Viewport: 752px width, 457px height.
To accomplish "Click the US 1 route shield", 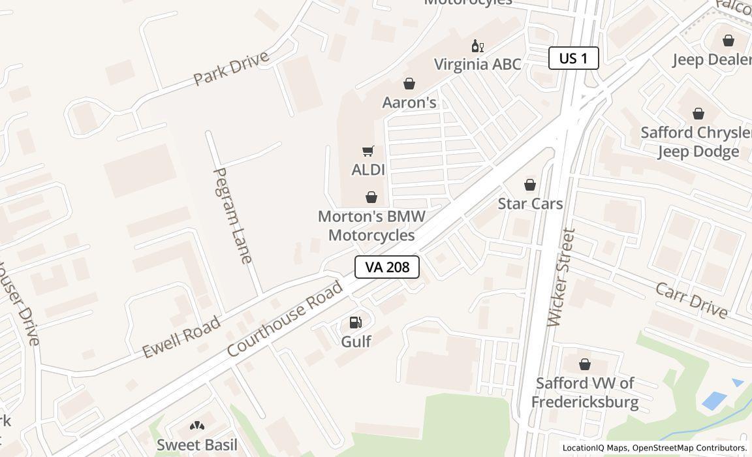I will pos(573,58).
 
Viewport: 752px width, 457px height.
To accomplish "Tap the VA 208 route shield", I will pos(386,267).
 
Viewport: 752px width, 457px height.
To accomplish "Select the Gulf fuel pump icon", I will pos(356,322).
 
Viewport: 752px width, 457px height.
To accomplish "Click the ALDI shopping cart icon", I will pos(368,151).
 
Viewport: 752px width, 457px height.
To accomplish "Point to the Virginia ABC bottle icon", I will pos(478,46).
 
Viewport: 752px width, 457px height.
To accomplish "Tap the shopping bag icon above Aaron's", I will pos(409,84).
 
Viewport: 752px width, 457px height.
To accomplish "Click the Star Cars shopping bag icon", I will pos(530,185).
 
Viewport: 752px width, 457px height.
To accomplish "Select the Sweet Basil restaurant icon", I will pos(197,426).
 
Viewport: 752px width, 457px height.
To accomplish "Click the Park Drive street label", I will pos(232,68).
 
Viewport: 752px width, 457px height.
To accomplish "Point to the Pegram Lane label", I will pos(233,215).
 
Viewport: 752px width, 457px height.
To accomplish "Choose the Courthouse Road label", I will pos(285,319).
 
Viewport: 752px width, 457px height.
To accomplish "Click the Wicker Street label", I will pos(562,277).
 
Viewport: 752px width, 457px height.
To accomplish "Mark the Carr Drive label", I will pos(691,300).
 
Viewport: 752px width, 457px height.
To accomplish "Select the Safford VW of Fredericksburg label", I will pos(585,392).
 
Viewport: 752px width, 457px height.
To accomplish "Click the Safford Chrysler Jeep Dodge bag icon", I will pos(698,114).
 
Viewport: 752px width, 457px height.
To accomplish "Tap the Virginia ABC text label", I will pos(478,64).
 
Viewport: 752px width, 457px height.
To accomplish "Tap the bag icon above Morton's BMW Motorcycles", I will pos(371,197).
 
